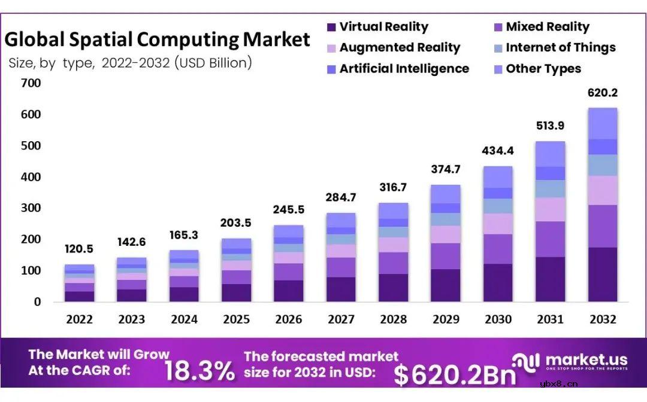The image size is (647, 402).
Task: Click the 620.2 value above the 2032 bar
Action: (x=602, y=93)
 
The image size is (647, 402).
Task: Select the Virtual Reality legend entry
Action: (x=383, y=27)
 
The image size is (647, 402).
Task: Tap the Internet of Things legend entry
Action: (x=560, y=48)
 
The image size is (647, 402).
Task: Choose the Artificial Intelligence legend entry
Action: (x=404, y=69)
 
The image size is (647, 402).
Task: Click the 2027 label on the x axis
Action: (x=341, y=319)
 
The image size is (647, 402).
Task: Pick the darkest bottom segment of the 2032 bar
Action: (x=602, y=275)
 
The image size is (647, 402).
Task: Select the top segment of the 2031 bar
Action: (x=550, y=154)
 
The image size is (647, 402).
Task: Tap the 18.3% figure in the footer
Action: (x=199, y=371)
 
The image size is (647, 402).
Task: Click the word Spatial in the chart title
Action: (x=97, y=39)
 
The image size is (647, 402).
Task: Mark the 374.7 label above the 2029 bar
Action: (x=445, y=169)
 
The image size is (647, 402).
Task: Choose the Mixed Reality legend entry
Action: (x=547, y=27)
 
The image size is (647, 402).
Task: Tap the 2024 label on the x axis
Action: (x=184, y=319)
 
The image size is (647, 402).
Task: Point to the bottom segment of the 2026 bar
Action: (x=289, y=291)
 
